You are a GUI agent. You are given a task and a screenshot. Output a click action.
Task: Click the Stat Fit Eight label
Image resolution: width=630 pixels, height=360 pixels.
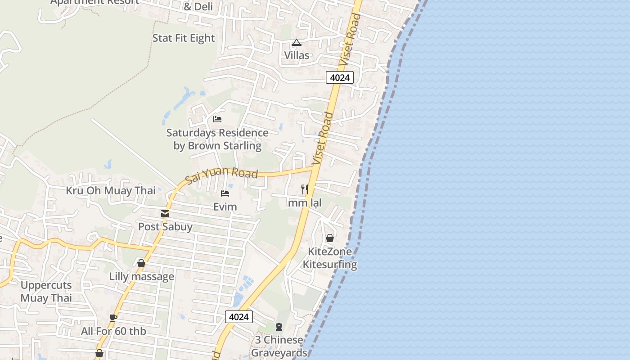pyautogui.click(x=184, y=38)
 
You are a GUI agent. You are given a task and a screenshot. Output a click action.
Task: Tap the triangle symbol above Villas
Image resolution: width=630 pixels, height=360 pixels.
pyautogui.click(x=296, y=43)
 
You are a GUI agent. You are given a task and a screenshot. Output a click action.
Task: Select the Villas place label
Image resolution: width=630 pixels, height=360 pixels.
pyautogui.click(x=297, y=55)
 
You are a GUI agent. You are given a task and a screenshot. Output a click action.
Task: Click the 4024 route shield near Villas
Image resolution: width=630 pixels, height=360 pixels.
pyautogui.click(x=340, y=77)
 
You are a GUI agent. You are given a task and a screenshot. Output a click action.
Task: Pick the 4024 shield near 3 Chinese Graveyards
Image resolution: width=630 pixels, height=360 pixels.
pyautogui.click(x=238, y=317)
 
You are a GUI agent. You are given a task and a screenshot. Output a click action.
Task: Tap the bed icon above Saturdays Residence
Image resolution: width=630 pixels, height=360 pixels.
pyautogui.click(x=217, y=119)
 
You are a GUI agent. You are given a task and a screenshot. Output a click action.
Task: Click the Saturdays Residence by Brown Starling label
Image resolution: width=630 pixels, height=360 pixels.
pyautogui.click(x=217, y=139)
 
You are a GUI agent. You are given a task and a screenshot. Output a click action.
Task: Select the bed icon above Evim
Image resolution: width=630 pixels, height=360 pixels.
pyautogui.click(x=225, y=193)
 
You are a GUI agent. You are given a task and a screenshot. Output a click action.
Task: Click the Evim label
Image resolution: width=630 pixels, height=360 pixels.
pyautogui.click(x=225, y=207)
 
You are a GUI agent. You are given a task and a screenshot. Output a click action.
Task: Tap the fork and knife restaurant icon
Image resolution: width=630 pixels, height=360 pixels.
pyautogui.click(x=305, y=189)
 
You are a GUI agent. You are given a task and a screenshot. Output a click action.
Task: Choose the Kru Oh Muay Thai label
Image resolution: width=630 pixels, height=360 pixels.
pyautogui.click(x=111, y=190)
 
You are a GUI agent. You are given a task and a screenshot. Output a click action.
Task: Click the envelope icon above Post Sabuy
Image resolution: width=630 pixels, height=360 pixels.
pyautogui.click(x=165, y=214)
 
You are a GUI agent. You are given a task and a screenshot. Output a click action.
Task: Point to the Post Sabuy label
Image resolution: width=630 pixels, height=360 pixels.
pyautogui.click(x=165, y=227)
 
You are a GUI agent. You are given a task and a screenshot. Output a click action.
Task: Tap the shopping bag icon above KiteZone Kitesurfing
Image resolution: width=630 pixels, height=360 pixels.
pyautogui.click(x=330, y=238)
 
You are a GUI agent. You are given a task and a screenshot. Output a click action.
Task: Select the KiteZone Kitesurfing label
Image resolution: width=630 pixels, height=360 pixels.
pyautogui.click(x=330, y=258)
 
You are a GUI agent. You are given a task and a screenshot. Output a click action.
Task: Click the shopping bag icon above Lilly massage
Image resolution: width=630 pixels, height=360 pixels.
pyautogui.click(x=141, y=263)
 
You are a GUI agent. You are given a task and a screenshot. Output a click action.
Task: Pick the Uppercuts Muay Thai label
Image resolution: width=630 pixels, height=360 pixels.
pyautogui.click(x=46, y=291)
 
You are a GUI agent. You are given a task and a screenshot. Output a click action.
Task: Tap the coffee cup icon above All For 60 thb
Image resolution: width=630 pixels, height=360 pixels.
pyautogui.click(x=113, y=318)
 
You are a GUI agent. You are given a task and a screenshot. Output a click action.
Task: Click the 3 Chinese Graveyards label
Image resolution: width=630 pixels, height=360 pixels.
pyautogui.click(x=279, y=346)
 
